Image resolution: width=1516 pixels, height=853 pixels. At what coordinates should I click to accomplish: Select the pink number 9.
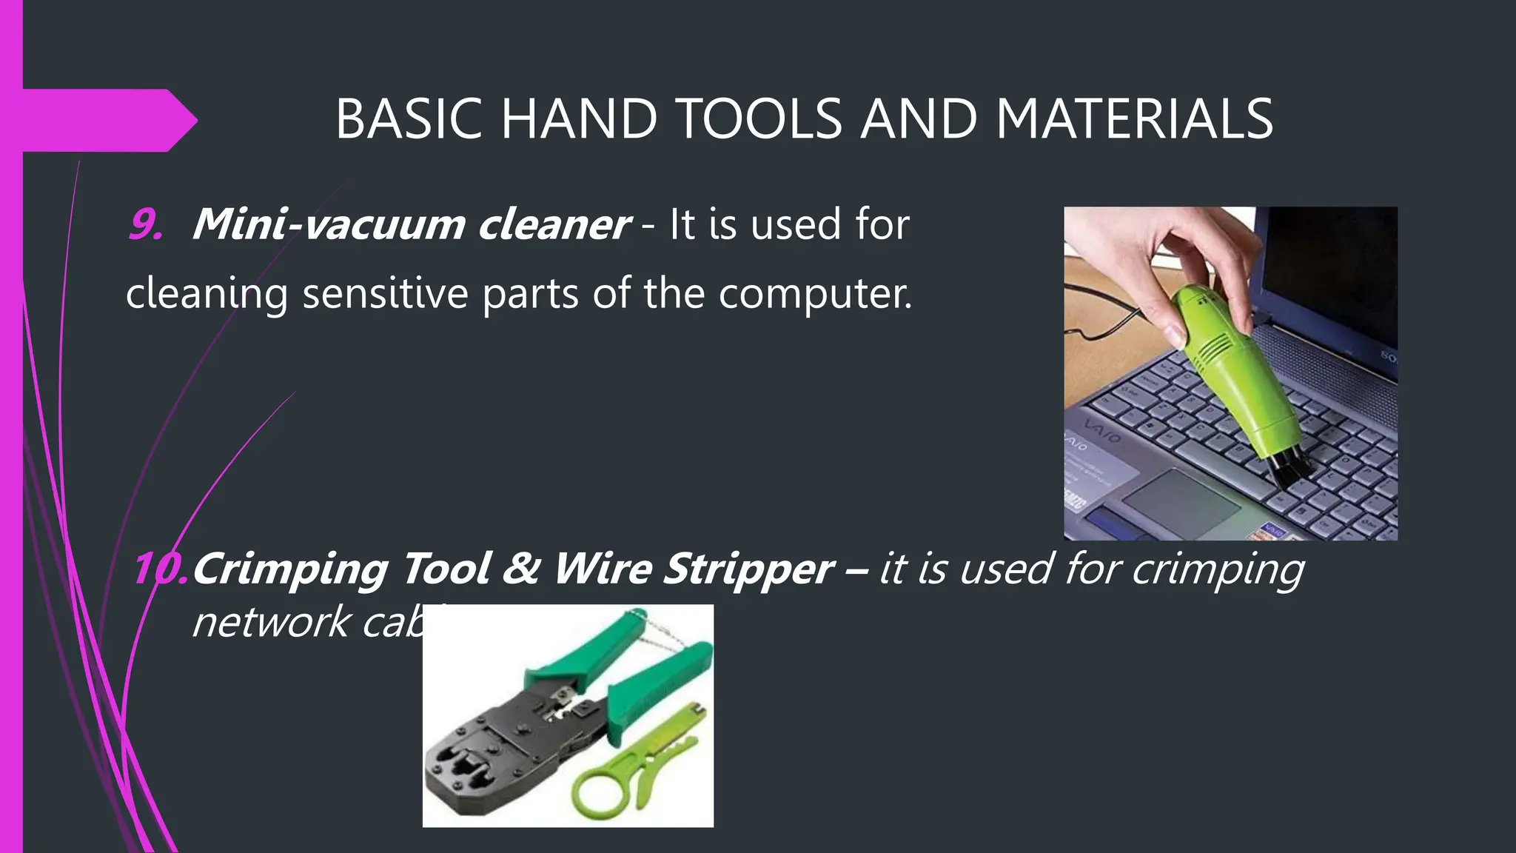pos(144,224)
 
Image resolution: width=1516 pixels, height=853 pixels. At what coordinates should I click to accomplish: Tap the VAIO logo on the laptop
pos(1102,429)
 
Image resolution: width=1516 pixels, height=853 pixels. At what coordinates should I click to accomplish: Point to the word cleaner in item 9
pos(554,224)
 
